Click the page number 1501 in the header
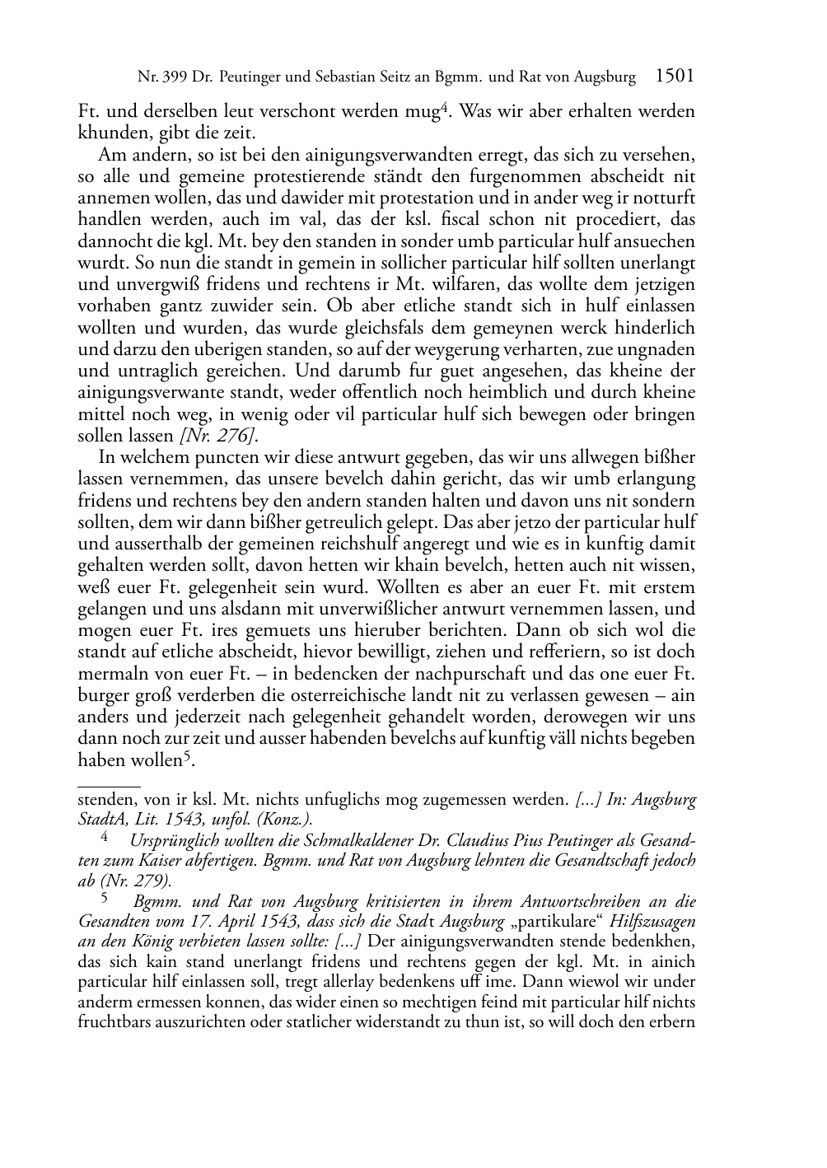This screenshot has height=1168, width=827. click(675, 77)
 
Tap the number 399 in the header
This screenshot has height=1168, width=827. click(174, 78)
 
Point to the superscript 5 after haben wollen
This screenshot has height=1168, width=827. click(188, 755)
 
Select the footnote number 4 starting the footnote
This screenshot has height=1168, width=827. click(105, 838)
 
